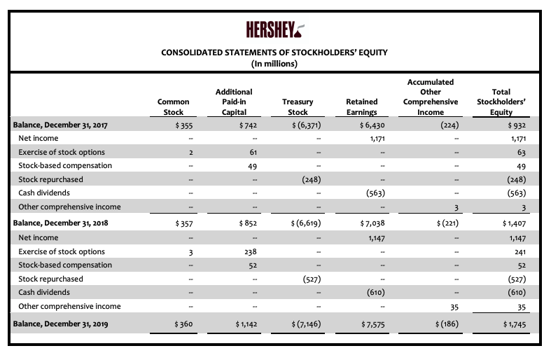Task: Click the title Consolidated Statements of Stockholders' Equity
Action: point(274,53)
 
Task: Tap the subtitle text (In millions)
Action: point(274,64)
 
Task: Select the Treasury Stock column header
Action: point(298,106)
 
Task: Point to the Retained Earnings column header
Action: point(362,106)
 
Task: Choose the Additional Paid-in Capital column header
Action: point(234,102)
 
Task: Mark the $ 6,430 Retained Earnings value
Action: point(367,125)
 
